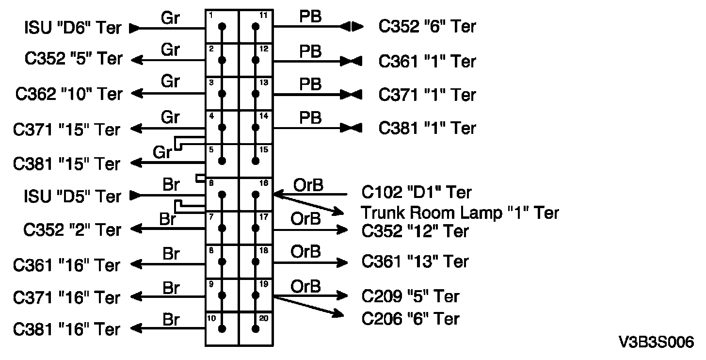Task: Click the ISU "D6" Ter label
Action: [73, 28]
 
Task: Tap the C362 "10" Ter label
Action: [69, 93]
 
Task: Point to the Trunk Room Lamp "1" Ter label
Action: [460, 213]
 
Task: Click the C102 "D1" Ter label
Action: [417, 193]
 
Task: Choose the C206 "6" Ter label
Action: [411, 318]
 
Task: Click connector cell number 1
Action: [222, 28]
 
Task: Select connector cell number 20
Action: [256, 328]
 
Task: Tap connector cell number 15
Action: [256, 160]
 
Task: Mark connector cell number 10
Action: [222, 328]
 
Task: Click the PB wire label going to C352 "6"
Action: [310, 17]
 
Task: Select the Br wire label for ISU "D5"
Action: [170, 186]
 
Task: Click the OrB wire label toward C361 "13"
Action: [305, 252]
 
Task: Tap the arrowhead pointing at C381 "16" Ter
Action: [137, 329]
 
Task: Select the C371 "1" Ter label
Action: [427, 95]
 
